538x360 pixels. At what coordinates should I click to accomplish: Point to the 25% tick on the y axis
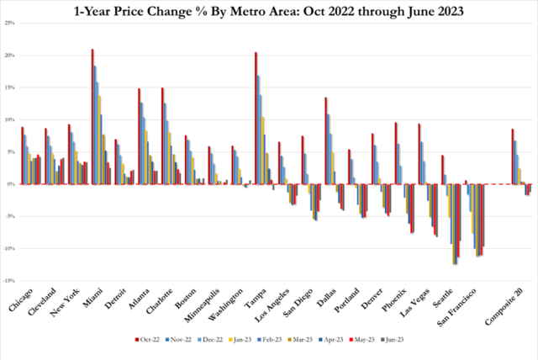9,23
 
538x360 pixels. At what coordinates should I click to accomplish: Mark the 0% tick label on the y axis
11,184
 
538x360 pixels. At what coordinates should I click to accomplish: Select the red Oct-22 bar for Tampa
256,118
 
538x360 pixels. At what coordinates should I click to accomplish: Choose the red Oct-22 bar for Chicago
23,156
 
